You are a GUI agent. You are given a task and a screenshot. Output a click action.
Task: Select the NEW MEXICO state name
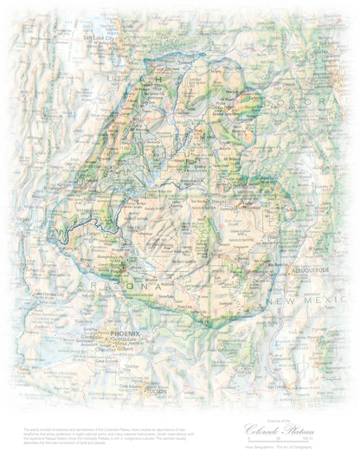click(299, 300)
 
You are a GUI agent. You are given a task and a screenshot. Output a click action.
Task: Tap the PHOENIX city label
click(125, 332)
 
